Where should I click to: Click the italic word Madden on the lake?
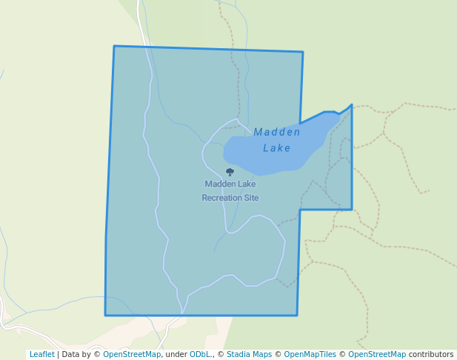[x=277, y=133]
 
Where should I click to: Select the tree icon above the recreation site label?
[x=230, y=172]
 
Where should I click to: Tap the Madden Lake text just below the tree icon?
[x=230, y=184]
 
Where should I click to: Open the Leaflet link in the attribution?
[x=41, y=354]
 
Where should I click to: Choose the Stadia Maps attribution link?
[x=249, y=354]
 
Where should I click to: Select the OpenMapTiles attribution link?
[x=310, y=354]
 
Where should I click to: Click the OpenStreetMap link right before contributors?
[x=376, y=354]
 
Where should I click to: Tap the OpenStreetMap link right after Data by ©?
[x=132, y=354]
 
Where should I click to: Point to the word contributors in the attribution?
[x=431, y=354]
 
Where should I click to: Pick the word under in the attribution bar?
[x=176, y=354]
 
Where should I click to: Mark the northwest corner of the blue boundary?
[x=114, y=46]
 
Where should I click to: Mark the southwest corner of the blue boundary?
[x=105, y=315]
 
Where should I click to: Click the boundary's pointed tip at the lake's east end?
[x=352, y=104]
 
